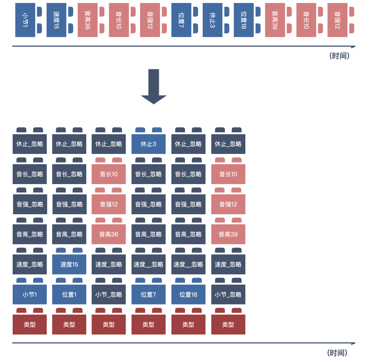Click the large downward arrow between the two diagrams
coord(153,86)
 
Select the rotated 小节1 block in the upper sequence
coord(25,20)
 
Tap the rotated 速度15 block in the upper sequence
coord(56,20)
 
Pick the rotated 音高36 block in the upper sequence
coord(87,20)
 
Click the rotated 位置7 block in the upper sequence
coord(181,20)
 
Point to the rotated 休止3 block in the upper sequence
coord(212,20)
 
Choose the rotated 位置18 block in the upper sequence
coord(244,20)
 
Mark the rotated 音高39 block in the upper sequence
coord(275,20)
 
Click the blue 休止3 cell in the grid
coord(148,144)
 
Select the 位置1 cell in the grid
coord(69,294)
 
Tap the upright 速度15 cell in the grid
coord(69,264)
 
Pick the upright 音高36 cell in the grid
coord(109,234)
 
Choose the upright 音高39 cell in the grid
coord(228,234)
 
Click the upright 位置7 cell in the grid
coord(148,294)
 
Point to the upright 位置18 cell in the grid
coord(188,294)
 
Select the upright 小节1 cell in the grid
coord(29,294)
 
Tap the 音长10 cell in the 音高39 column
coord(228,174)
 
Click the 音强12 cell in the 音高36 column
coord(109,204)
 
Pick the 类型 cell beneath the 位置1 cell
coord(69,324)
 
